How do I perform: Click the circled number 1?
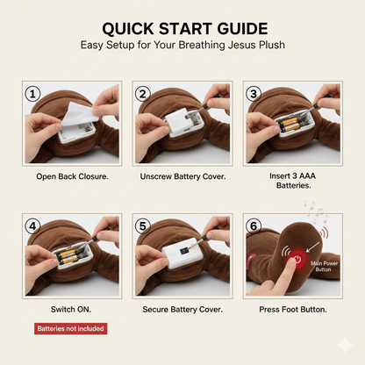(x=32, y=94)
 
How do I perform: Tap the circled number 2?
(x=142, y=94)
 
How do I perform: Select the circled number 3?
(x=254, y=94)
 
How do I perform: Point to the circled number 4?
(x=32, y=226)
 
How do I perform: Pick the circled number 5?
(x=142, y=226)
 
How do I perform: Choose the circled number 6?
(x=254, y=226)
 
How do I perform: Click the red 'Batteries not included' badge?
(x=71, y=329)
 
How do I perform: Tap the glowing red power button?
(x=297, y=259)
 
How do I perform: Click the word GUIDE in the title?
(x=242, y=29)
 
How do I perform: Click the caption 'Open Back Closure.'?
(x=72, y=176)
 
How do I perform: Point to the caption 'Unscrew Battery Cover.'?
(x=182, y=176)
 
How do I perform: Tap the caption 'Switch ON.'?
(x=71, y=310)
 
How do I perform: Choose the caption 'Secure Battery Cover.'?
(x=182, y=310)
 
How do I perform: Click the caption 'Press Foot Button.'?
(x=293, y=310)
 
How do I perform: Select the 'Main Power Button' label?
(x=324, y=267)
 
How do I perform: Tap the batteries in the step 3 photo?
(x=289, y=125)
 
